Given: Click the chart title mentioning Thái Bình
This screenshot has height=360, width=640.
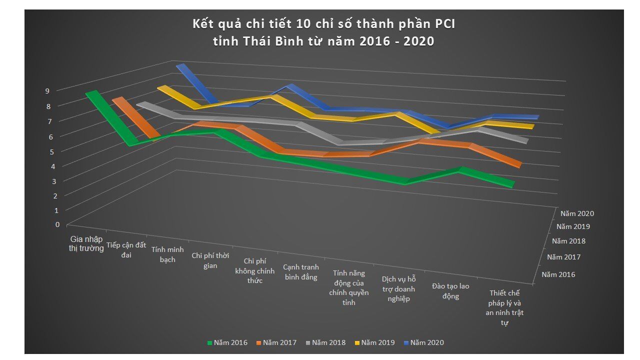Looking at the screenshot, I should point(323,32).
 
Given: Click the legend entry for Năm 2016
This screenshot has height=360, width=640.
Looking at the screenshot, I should point(227,342).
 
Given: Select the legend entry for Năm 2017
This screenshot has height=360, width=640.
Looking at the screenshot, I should point(276,342).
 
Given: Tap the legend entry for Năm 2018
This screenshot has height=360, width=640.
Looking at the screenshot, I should point(325,342).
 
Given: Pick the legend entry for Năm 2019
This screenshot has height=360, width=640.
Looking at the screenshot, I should point(374,342).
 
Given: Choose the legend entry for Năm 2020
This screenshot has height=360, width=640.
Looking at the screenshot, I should point(423,342).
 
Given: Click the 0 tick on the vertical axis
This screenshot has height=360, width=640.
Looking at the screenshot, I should point(58,224).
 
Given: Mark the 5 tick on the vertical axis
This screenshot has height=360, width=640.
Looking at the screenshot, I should point(51,151).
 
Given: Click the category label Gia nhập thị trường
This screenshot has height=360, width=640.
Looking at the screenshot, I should point(86,243).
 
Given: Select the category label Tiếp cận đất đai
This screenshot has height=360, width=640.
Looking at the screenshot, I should point(126,249).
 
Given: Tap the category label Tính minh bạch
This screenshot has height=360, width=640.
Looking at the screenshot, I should point(167,254).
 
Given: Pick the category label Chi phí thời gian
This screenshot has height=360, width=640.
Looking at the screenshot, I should point(210,260).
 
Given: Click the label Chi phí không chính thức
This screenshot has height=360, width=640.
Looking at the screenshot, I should point(255,270).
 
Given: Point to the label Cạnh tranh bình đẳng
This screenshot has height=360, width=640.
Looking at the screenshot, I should point(301,272).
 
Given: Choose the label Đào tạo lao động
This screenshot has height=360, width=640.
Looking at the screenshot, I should point(450,291).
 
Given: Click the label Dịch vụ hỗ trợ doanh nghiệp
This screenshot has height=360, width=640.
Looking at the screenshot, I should point(398,288).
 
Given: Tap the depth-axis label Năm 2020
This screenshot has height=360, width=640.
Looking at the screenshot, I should point(577,213).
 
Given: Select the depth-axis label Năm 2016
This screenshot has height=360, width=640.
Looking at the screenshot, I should point(558,274).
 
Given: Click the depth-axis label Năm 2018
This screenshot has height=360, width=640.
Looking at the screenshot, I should point(568,241).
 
